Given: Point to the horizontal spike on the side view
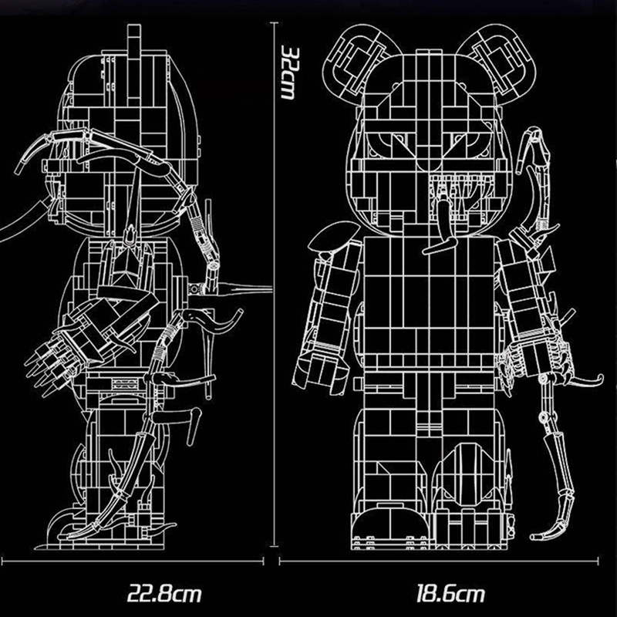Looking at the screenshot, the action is pos(247,290).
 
